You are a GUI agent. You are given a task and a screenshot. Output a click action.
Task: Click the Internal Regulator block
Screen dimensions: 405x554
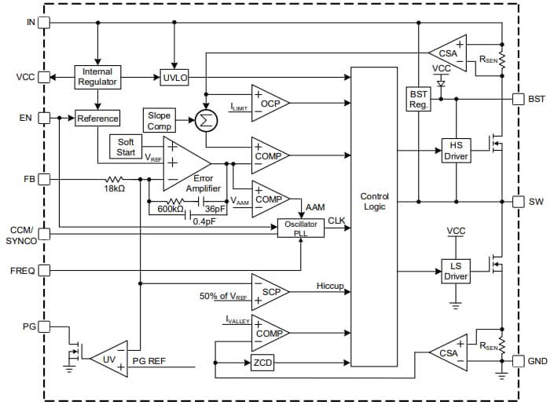click(x=98, y=77)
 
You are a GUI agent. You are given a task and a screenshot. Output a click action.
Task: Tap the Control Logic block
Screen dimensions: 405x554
click(x=375, y=201)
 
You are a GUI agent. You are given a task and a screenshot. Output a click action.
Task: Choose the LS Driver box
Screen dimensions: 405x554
click(x=456, y=272)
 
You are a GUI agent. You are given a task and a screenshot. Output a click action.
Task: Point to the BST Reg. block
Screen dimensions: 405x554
click(x=419, y=99)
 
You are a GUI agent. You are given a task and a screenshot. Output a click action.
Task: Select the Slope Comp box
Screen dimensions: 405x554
click(x=159, y=121)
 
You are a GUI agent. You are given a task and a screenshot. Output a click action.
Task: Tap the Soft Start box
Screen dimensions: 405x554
click(x=126, y=147)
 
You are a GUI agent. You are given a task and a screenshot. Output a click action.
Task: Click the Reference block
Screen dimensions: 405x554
click(x=98, y=119)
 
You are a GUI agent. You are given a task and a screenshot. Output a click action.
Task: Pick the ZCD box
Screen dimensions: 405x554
click(x=262, y=363)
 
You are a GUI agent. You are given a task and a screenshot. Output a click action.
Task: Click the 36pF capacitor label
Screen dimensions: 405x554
click(x=215, y=209)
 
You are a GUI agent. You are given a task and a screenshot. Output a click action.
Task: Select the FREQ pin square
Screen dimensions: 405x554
click(x=44, y=270)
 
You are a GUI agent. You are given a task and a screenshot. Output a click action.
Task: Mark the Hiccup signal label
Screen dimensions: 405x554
click(x=330, y=286)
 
